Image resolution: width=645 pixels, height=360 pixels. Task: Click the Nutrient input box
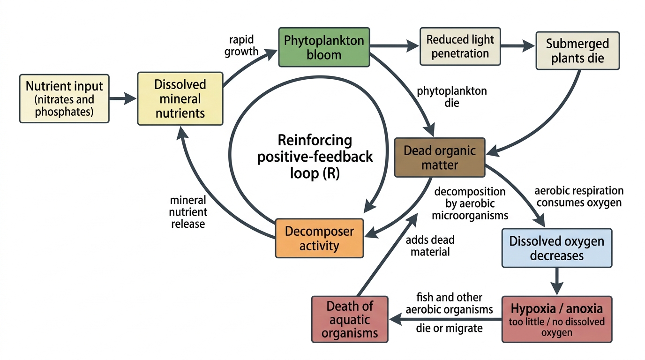coord(64,98)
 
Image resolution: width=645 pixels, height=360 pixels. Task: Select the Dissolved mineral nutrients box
coord(180,98)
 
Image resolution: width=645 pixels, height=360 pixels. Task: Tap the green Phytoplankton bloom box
coord(324,47)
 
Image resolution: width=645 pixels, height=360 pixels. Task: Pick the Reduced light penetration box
coord(460,46)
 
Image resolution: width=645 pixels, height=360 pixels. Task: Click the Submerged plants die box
coord(577,51)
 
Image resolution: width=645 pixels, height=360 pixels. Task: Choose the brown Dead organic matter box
coord(440,157)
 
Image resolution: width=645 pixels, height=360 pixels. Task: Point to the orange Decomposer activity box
coord(319,238)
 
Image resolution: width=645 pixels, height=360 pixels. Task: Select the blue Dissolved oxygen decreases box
coord(557,248)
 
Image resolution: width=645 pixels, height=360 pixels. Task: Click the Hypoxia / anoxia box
coord(557,319)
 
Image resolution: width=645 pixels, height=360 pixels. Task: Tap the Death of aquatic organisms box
coord(350,319)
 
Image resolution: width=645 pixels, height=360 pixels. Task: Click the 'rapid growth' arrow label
coord(241,45)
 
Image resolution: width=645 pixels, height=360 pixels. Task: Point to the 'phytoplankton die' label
coord(452,97)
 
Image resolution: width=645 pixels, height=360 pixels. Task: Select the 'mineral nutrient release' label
coord(188,212)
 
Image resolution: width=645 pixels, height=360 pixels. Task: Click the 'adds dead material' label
coord(430,246)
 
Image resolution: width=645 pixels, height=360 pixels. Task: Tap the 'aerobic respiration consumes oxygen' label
coord(579,197)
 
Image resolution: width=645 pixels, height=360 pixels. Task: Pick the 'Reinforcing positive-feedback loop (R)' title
coord(315,157)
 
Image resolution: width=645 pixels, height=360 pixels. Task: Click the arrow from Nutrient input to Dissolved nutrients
coord(123,98)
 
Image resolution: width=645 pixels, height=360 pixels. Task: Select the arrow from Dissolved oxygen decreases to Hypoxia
coord(557,281)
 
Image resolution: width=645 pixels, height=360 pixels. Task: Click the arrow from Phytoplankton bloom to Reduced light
coord(394,46)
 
